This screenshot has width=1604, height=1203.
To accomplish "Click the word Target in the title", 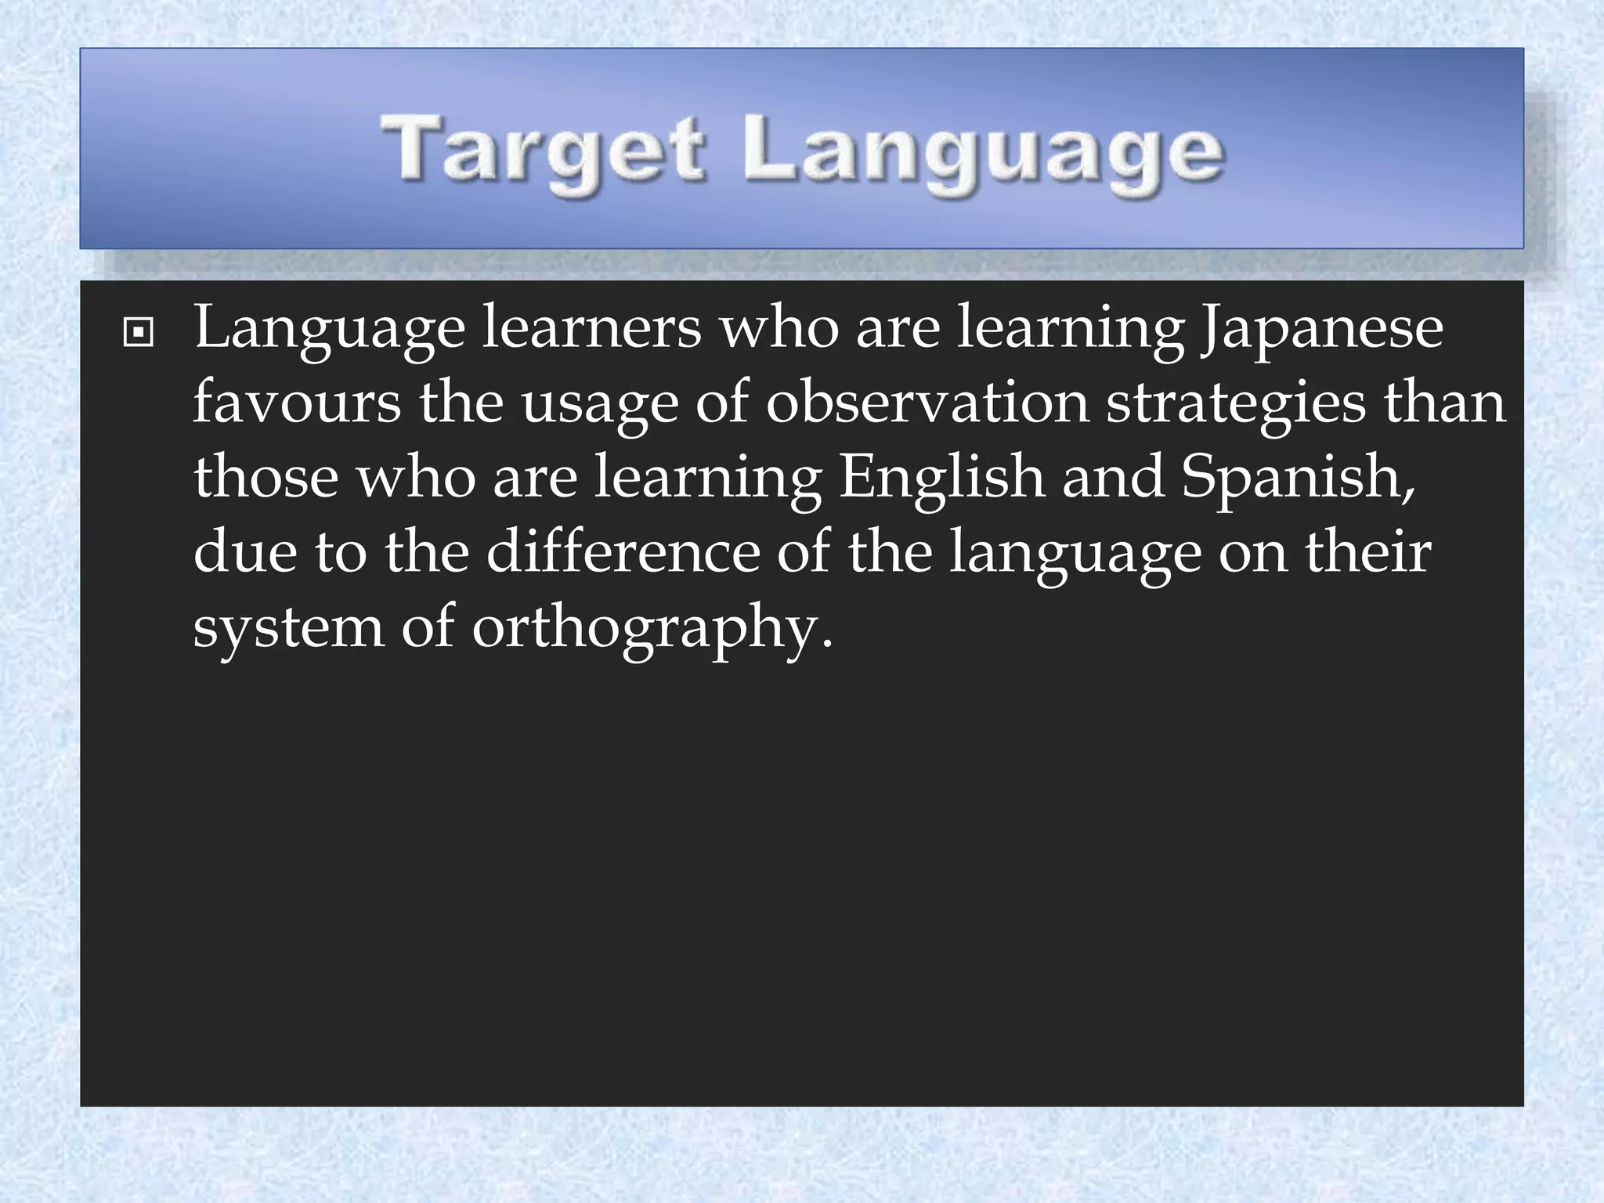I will coord(544,149).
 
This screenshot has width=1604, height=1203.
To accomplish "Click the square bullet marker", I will coord(139,334).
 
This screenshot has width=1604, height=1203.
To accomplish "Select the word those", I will coord(266,477).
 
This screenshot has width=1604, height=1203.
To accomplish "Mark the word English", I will coord(941,477).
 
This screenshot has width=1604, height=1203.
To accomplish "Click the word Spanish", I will coord(1298,477).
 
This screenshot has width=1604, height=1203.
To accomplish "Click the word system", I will coord(288,627).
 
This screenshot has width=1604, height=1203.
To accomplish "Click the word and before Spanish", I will coord(1112,477).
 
